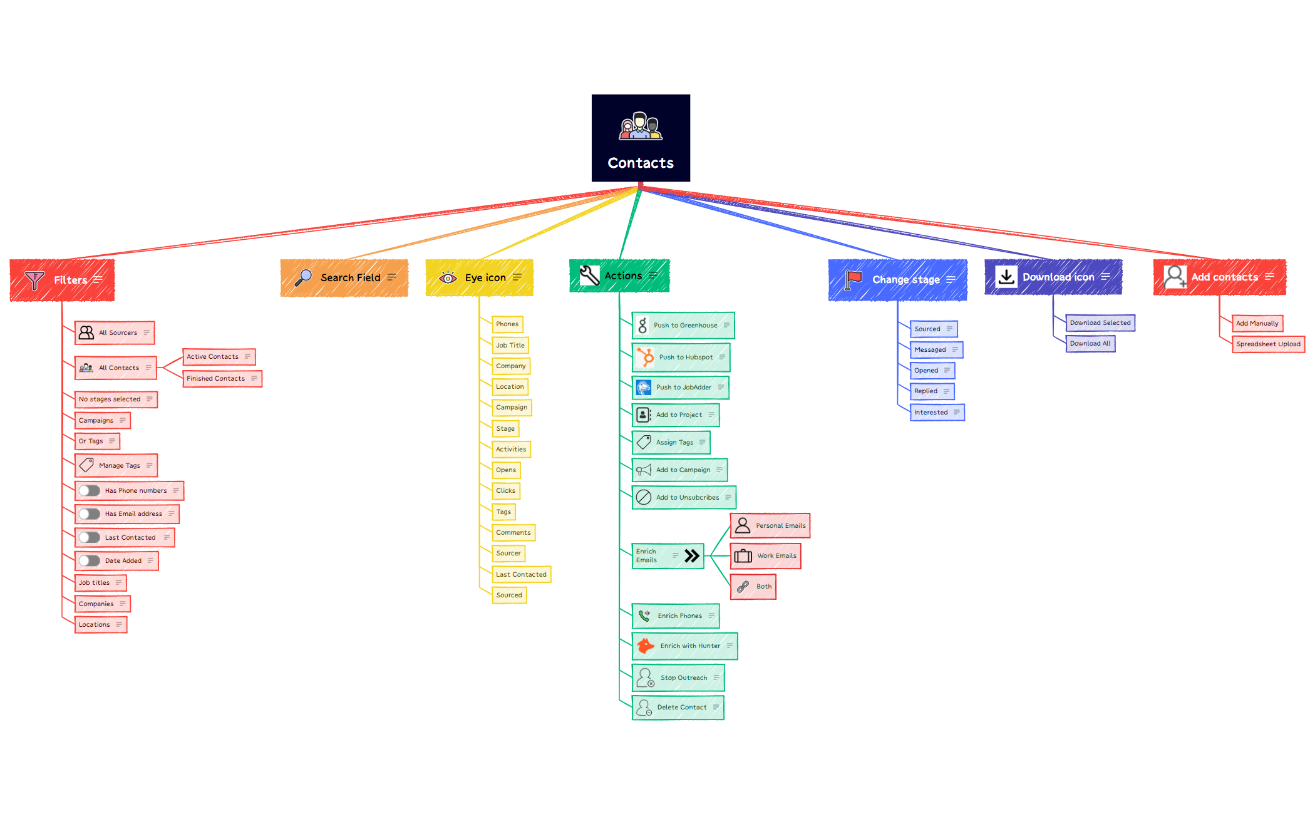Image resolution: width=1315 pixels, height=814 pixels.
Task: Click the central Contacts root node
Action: click(641, 138)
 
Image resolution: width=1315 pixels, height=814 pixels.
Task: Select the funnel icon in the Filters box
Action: click(35, 280)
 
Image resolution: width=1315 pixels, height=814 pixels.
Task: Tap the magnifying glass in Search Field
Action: click(304, 277)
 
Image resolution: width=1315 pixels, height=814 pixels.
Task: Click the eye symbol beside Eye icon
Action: click(448, 277)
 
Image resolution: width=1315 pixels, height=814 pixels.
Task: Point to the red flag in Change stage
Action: click(853, 279)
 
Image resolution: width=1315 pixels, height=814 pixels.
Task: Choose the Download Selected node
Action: click(1100, 323)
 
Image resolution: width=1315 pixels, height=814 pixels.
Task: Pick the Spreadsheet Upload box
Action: click(1268, 344)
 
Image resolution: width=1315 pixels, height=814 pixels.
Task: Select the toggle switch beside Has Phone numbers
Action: click(90, 491)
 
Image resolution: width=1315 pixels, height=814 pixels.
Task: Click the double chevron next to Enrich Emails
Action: click(692, 556)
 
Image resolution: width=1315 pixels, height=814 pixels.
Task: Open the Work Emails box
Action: click(766, 556)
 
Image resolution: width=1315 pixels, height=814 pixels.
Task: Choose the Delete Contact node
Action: click(678, 708)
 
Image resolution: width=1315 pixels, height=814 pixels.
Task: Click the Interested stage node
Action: click(937, 413)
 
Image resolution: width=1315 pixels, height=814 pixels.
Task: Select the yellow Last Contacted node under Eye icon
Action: click(521, 575)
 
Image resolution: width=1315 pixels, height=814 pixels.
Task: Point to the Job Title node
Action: click(510, 346)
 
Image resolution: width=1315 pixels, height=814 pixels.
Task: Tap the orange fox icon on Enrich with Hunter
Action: click(646, 646)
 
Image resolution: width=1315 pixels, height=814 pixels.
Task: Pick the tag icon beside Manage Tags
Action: click(87, 465)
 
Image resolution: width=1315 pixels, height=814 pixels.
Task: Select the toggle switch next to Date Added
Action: click(90, 561)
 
